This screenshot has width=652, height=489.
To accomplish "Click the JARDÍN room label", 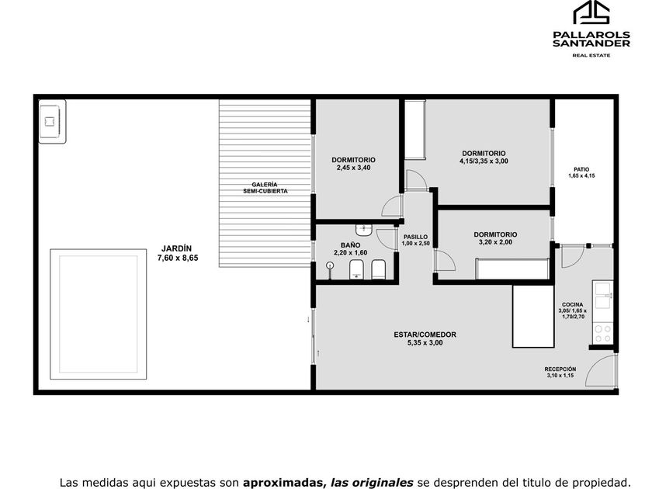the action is pyautogui.click(x=177, y=248).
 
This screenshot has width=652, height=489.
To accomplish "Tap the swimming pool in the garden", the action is pyautogui.click(x=98, y=314).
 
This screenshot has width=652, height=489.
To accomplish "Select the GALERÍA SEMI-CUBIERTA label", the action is pyautogui.click(x=265, y=188).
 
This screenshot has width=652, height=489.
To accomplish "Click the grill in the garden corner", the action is pyautogui.click(x=52, y=121).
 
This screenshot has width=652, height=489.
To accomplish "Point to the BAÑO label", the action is pyautogui.click(x=351, y=245).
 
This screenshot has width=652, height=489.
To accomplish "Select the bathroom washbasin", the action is pyautogui.click(x=364, y=229).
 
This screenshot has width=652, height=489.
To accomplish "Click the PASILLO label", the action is pyautogui.click(x=415, y=237).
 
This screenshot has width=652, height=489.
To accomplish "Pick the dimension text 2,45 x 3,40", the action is pyautogui.click(x=353, y=168).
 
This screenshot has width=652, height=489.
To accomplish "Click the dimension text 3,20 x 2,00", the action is pyautogui.click(x=496, y=242).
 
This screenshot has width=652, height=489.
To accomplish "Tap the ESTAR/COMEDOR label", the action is pyautogui.click(x=425, y=335).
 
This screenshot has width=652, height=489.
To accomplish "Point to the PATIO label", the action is pyautogui.click(x=581, y=170).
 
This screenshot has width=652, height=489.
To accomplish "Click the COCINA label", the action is pyautogui.click(x=573, y=305).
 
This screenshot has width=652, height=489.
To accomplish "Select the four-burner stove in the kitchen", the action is pyautogui.click(x=603, y=333).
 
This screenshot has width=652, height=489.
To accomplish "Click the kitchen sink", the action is pyautogui.click(x=603, y=296).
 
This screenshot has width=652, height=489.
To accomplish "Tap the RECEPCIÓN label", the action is pyautogui.click(x=560, y=369).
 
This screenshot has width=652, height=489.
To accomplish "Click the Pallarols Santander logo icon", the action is pyautogui.click(x=591, y=13).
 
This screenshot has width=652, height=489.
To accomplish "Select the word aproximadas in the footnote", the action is pyautogui.click(x=283, y=483).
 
